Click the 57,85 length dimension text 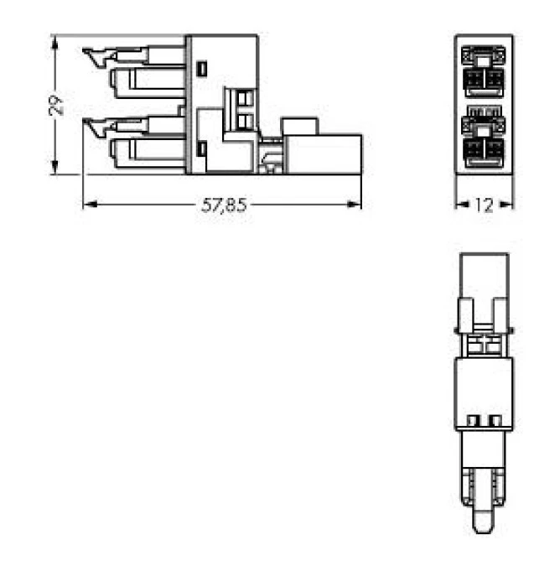pyautogui.click(x=224, y=205)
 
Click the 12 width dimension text pyautogui.click(x=485, y=204)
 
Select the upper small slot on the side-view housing pyautogui.click(x=201, y=67)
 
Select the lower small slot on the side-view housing pyautogui.click(x=201, y=149)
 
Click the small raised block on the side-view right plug pyautogui.click(x=301, y=127)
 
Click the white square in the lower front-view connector pyautogui.click(x=485, y=130)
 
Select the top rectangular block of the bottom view pyautogui.click(x=485, y=275)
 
